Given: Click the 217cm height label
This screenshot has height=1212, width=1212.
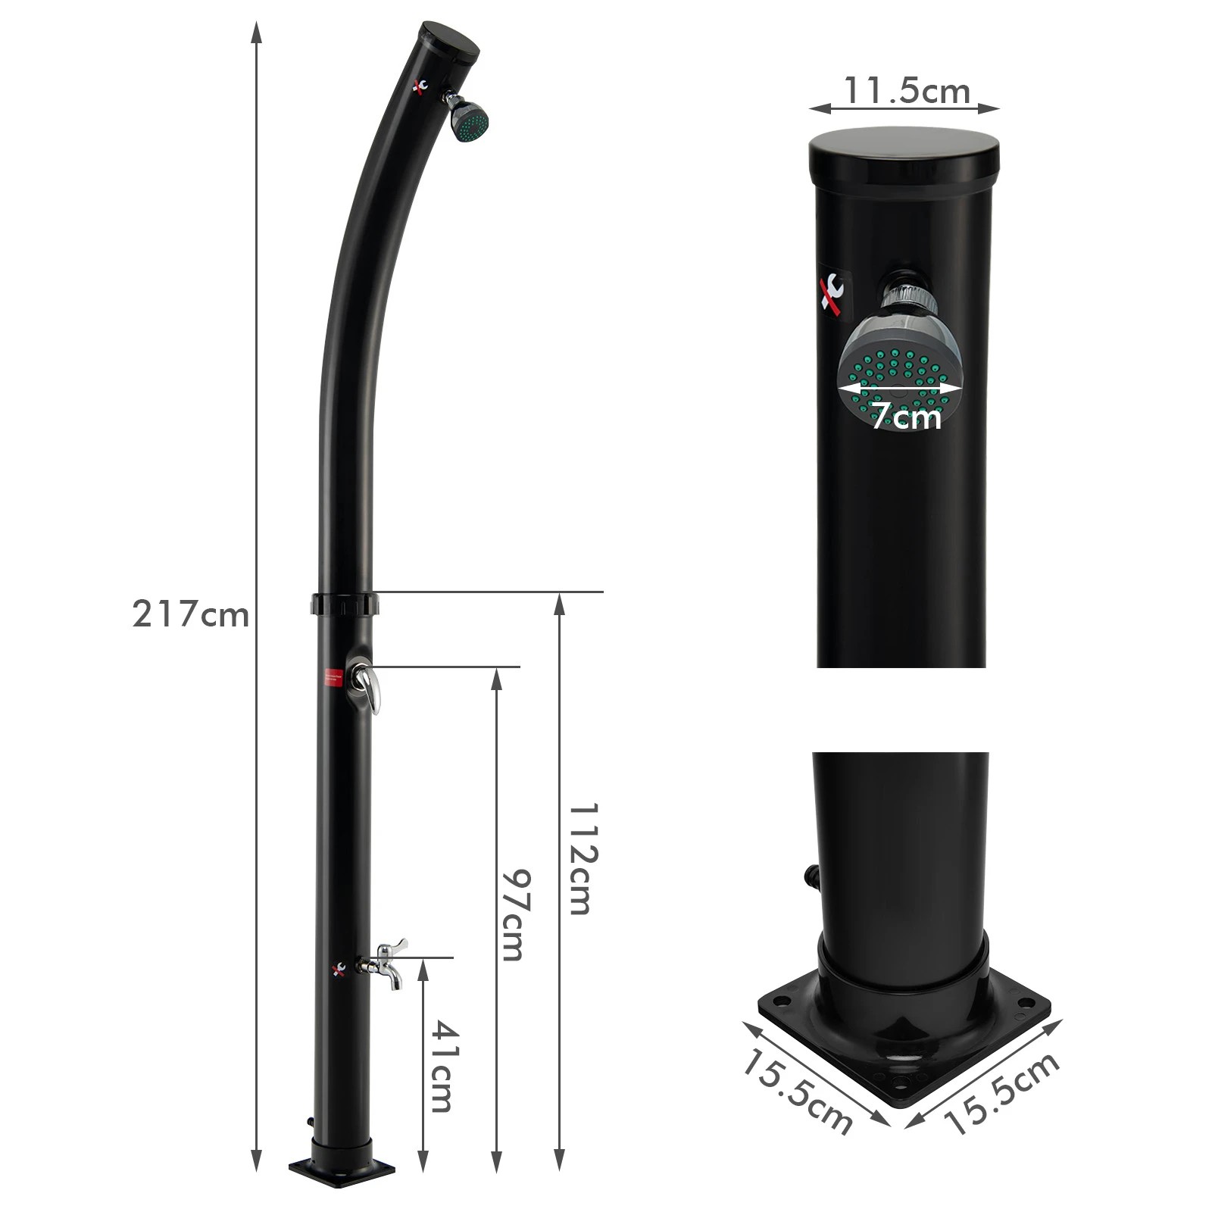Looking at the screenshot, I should click(190, 614).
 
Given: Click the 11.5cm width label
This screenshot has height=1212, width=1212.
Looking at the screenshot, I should click(907, 92).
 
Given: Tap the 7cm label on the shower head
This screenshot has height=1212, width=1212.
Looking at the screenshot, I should click(905, 415).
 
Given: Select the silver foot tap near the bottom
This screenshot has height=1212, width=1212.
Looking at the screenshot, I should click(387, 962).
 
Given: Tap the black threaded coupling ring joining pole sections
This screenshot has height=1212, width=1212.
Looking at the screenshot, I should click(345, 604).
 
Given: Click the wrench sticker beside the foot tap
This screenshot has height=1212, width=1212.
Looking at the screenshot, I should click(338, 968).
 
